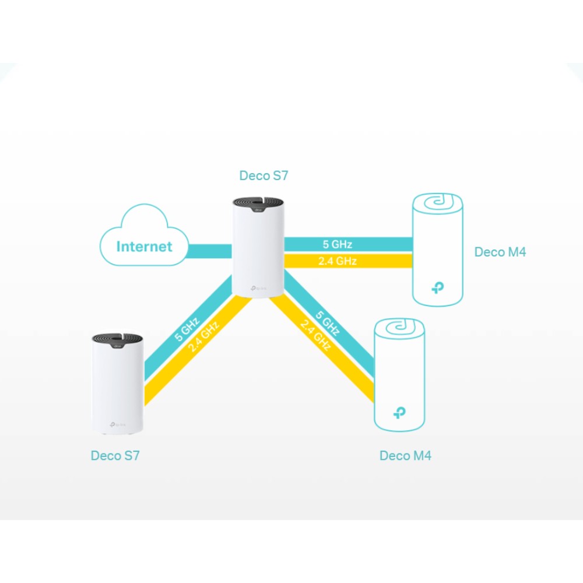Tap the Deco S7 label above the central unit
264,175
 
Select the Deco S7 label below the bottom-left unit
115,455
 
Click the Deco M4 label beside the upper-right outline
500,252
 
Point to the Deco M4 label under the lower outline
405,455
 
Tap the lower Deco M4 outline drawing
399,376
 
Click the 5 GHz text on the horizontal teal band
338,244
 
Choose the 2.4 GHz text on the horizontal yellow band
338,261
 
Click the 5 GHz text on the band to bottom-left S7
186,329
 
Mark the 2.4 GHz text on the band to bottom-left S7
203,339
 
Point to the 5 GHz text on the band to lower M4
327,324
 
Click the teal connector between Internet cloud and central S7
210,251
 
